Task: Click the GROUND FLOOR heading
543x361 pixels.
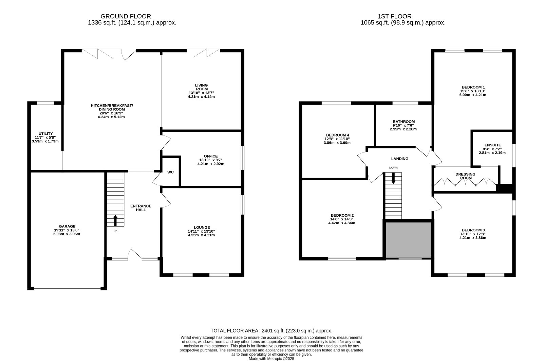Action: pyautogui.click(x=126, y=16)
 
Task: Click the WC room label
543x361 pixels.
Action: pyautogui.click(x=170, y=172)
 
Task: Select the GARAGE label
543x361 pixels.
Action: pyautogui.click(x=67, y=227)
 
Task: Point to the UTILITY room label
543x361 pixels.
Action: pyautogui.click(x=45, y=133)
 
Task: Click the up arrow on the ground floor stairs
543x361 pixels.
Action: pyautogui.click(x=115, y=220)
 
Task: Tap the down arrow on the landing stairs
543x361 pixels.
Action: pyautogui.click(x=393, y=178)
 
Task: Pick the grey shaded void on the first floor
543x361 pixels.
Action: pyautogui.click(x=408, y=240)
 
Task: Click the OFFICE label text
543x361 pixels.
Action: pyautogui.click(x=211, y=156)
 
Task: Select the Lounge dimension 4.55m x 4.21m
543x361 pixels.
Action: pyautogui.click(x=201, y=235)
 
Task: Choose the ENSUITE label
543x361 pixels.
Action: pyautogui.click(x=492, y=145)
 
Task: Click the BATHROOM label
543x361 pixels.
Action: pyautogui.click(x=404, y=122)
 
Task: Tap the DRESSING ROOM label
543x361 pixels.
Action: pyautogui.click(x=465, y=176)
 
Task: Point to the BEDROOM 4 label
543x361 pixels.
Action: pyautogui.click(x=337, y=135)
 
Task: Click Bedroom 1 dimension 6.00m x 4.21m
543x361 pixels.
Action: pyautogui.click(x=472, y=95)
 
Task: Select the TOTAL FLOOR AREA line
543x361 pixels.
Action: pyautogui.click(x=271, y=330)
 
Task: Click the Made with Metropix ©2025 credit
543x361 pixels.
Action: pyautogui.click(x=271, y=359)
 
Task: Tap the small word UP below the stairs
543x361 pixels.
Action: pyautogui.click(x=115, y=231)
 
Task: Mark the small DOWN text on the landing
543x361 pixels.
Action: pyautogui.click(x=393, y=168)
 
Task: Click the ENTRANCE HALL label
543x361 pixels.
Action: pyautogui.click(x=141, y=208)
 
